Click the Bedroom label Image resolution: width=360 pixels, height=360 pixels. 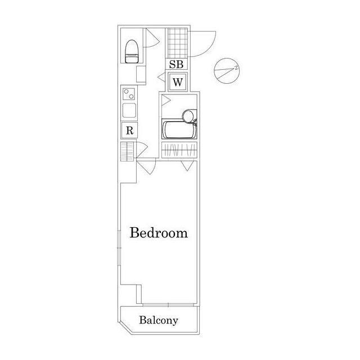[159, 233]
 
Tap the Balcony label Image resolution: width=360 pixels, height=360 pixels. [159, 320]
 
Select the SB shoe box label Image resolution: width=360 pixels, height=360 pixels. [176, 64]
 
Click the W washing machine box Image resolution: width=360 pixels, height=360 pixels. [178, 82]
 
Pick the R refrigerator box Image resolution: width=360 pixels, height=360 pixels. [129, 130]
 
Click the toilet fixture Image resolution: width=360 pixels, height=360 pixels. [132, 51]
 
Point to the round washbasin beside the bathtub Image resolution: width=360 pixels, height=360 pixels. [188, 115]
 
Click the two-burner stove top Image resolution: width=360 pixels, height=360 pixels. [129, 94]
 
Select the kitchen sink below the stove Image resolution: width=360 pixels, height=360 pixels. [129, 110]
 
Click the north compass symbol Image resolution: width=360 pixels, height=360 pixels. [226, 71]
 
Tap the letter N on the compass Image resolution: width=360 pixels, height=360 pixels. [236, 67]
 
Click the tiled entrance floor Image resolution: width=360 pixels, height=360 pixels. [178, 43]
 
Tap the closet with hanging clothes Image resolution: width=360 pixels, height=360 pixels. [179, 150]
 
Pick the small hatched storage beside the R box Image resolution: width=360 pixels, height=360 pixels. [127, 151]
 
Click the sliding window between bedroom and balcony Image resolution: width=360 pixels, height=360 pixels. [168, 305]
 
